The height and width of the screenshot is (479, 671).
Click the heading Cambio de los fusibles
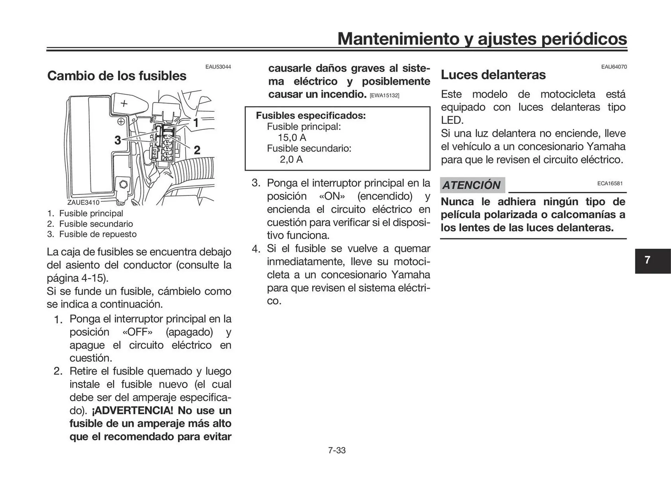coord(117,76)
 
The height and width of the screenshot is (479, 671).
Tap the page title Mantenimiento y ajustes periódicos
coord(482,38)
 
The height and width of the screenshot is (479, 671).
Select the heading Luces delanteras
coord(493,75)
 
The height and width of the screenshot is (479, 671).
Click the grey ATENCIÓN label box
coord(472,185)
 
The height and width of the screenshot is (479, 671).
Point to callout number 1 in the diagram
coord(196,123)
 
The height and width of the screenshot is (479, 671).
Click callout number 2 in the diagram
coord(197,150)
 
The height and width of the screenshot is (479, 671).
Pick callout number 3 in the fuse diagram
coord(118,140)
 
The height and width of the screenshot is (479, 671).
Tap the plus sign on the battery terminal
coord(124,103)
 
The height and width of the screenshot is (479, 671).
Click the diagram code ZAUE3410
coord(83,202)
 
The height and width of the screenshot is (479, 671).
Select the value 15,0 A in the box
coord(292,138)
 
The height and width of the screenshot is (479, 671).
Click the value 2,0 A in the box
coord(291,160)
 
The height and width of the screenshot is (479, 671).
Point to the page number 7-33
coord(337,450)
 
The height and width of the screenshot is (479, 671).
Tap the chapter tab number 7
coord(647,260)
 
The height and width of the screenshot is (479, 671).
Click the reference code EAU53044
coord(218,67)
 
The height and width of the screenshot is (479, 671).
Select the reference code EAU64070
coord(614,67)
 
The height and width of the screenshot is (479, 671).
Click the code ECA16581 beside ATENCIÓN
coord(610,183)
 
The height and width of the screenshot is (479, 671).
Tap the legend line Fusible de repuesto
coord(98,234)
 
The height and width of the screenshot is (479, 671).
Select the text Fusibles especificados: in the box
coord(311,115)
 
